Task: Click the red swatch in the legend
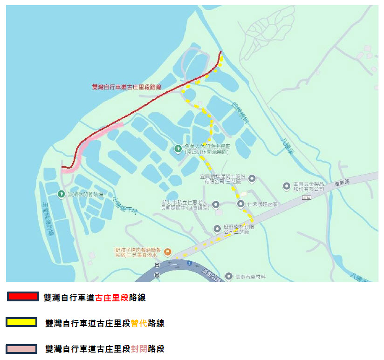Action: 23,297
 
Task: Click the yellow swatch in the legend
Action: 21,322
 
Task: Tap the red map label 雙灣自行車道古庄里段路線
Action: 126,87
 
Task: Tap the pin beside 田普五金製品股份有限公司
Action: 287,186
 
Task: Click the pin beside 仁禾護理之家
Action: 240,204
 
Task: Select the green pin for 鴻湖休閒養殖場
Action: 61,194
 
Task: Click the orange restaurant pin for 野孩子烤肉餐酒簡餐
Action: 167,252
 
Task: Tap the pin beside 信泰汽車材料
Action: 228,277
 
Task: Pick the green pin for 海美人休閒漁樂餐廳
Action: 178,149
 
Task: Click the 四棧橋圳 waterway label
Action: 241,112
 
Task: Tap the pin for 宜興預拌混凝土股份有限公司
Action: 252,178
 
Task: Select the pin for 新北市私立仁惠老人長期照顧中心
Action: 216,204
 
